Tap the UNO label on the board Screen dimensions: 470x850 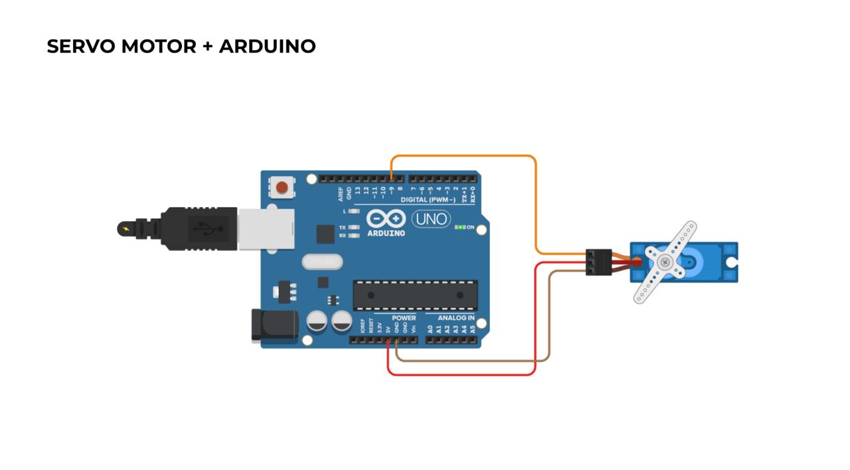click(431, 219)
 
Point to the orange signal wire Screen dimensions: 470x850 click(465, 156)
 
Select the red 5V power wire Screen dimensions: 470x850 click(465, 375)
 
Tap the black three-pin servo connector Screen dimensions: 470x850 click(599, 262)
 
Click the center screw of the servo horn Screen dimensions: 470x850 click(664, 262)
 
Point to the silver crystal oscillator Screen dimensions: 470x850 click(321, 262)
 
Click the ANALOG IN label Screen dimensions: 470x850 click(456, 318)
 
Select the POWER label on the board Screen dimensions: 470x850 click(404, 318)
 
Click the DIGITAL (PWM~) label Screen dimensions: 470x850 click(428, 200)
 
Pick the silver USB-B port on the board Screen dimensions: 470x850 click(260, 229)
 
